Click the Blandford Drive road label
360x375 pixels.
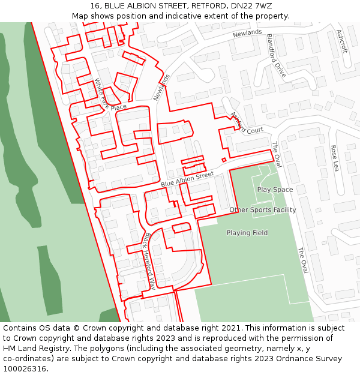(x=276, y=56)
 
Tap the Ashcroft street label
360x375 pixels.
(x=342, y=41)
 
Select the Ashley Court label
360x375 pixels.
(x=247, y=122)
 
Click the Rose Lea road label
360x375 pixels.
(x=334, y=158)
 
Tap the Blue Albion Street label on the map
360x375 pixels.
(x=187, y=179)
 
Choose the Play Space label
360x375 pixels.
(x=275, y=190)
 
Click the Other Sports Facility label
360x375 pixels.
(x=262, y=210)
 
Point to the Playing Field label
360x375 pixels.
(x=247, y=233)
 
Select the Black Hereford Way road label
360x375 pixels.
(x=149, y=261)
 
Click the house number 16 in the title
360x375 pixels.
(x=95, y=6)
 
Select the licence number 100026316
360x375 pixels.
(x=25, y=369)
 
